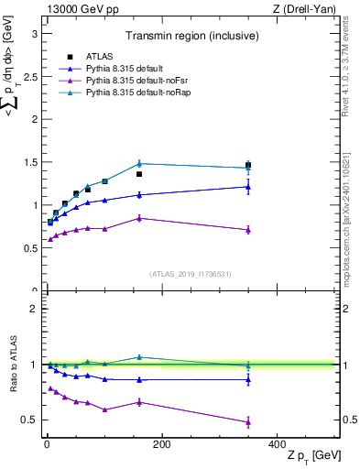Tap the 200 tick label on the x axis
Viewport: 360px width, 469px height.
pos(161,443)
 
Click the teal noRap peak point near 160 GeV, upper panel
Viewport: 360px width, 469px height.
pos(139,164)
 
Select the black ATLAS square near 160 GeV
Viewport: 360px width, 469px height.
pos(139,174)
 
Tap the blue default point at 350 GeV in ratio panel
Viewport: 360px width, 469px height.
pos(248,379)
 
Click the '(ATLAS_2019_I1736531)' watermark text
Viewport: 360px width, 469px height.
pos(191,274)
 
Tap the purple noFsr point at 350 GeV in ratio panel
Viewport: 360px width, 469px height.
pos(248,422)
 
